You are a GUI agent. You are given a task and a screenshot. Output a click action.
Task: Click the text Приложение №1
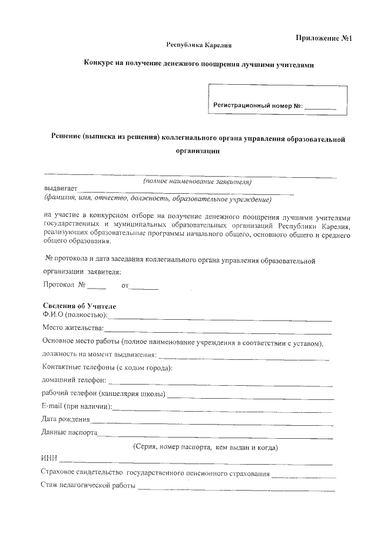pyautogui.click(x=323, y=38)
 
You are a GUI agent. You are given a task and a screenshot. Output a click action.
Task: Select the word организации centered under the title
pyautogui.click(x=199, y=151)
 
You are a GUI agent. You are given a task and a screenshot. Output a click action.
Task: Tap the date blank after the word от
pyautogui.click(x=144, y=288)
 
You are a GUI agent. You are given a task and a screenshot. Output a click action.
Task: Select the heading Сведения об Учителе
pyautogui.click(x=80, y=306)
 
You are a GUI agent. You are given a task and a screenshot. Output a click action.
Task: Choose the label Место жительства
pyautogui.click(x=73, y=327)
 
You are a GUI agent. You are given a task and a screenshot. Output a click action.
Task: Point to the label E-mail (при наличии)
pyautogui.click(x=77, y=407)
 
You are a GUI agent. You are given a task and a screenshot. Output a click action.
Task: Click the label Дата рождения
pyautogui.click(x=66, y=420)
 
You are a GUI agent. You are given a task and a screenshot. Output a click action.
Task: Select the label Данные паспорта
pyautogui.click(x=70, y=433)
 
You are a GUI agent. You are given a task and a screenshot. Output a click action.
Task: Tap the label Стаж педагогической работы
pyautogui.click(x=88, y=486)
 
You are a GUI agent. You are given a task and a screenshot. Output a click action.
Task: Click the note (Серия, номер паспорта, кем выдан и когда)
pyautogui.click(x=206, y=448)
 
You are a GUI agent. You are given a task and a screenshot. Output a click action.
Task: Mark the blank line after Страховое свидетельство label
pyautogui.click(x=303, y=475)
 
